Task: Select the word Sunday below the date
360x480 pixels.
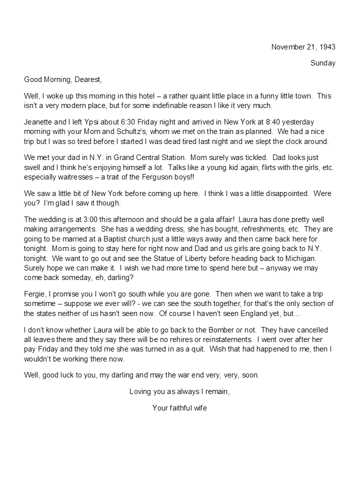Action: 322,63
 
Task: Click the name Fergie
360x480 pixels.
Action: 35,294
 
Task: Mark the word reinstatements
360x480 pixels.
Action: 224,339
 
